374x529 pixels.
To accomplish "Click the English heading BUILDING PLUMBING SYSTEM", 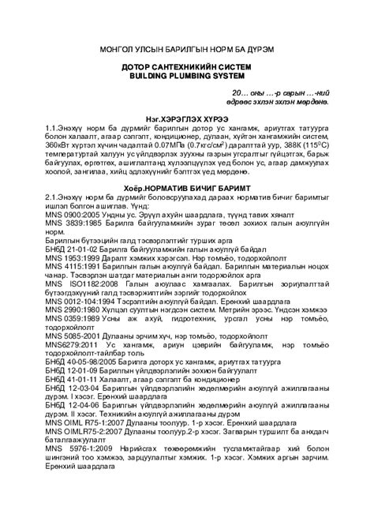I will [187, 78].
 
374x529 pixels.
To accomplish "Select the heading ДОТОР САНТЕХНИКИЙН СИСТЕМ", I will [187, 69].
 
